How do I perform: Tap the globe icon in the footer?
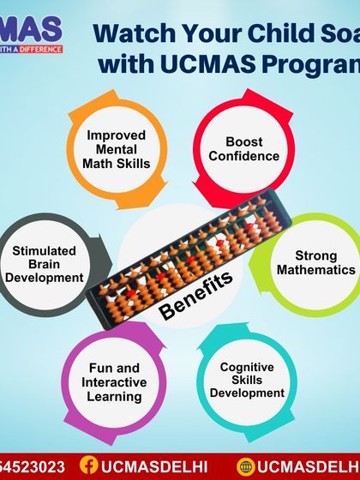pos(246,465)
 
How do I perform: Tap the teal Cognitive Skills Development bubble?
pos(251,380)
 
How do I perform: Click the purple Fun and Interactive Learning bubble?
pos(114,381)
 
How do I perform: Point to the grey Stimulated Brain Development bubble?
pos(48,263)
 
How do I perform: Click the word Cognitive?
pos(247,367)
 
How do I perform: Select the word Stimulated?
pos(45,250)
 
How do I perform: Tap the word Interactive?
pos(114,382)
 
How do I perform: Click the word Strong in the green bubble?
pos(316,255)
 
